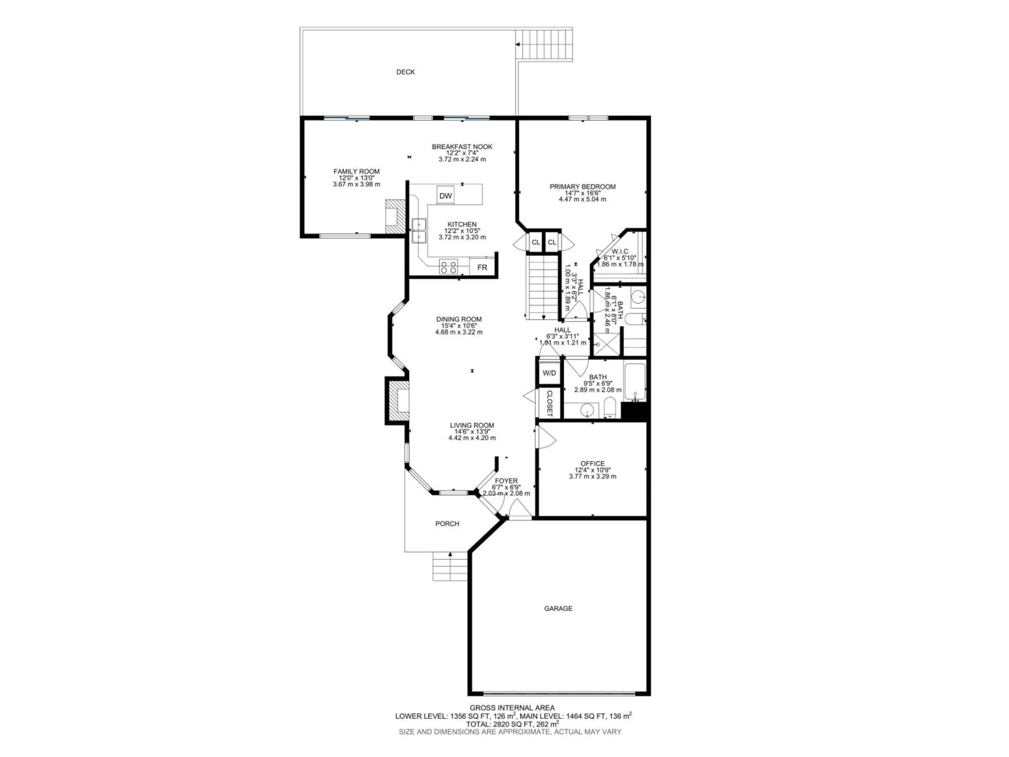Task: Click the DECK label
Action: [405, 72]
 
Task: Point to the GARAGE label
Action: [558, 608]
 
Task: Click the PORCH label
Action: [447, 523]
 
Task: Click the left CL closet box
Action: [536, 242]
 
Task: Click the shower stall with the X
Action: [607, 345]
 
